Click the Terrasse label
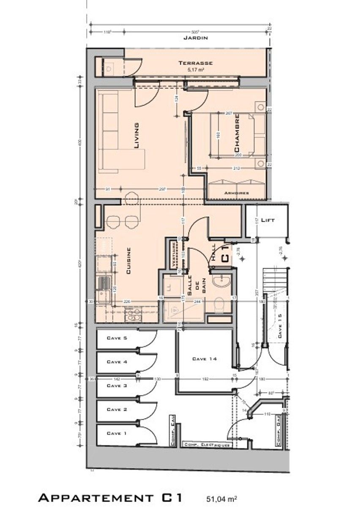[195, 63]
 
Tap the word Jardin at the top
[195, 38]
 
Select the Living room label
[136, 136]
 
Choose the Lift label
[268, 220]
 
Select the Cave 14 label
[204, 359]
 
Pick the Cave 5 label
[117, 338]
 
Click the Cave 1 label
[117, 433]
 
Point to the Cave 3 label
[117, 386]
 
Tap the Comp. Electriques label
[207, 445]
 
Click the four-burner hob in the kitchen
[134, 313]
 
